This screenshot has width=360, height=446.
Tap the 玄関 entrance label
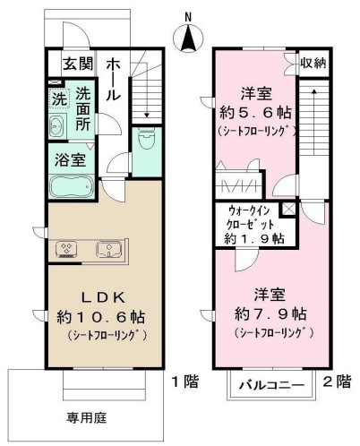[x=79, y=64]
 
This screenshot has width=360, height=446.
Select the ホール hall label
[x=116, y=80]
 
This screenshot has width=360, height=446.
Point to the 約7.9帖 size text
[x=269, y=314]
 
